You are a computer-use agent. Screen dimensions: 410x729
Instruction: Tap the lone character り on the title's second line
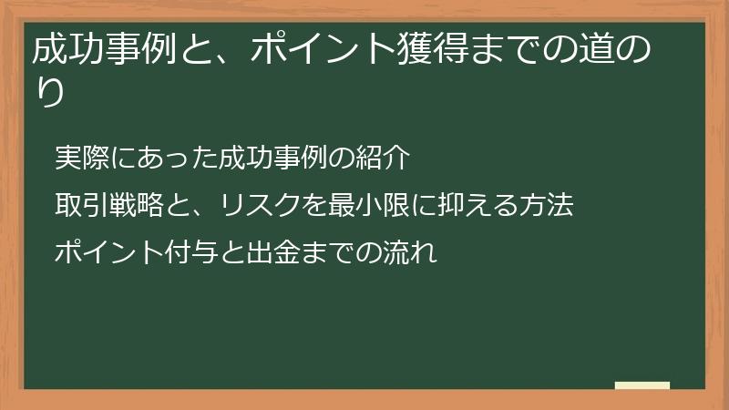(49, 92)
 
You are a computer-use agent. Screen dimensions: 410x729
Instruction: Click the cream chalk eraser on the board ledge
(642, 385)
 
